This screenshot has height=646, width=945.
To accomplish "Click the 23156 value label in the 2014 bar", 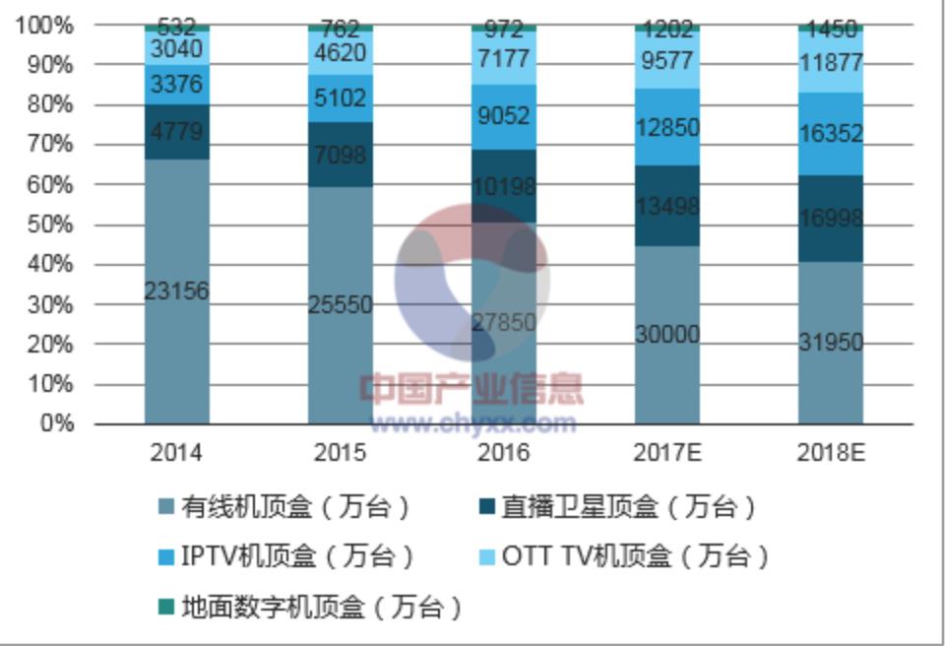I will pos(176,291).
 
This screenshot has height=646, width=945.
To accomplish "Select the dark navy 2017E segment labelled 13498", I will pos(666,205).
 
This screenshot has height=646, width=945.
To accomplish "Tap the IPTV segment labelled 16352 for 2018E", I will pos(830,134).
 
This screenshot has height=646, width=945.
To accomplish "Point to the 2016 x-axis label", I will pos(503,453).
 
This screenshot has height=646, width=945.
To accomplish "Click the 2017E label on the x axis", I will pos(666,453).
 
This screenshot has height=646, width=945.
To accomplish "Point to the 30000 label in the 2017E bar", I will pos(666,335).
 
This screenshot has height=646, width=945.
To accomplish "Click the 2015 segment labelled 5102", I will pos(340,98).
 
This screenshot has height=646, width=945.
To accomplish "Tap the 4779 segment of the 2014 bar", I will pos(176,132).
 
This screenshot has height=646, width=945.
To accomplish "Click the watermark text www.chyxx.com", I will pos(472,423).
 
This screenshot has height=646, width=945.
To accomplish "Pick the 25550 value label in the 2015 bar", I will pos(340,305).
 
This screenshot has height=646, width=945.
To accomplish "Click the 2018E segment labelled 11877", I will pos(830,63).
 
